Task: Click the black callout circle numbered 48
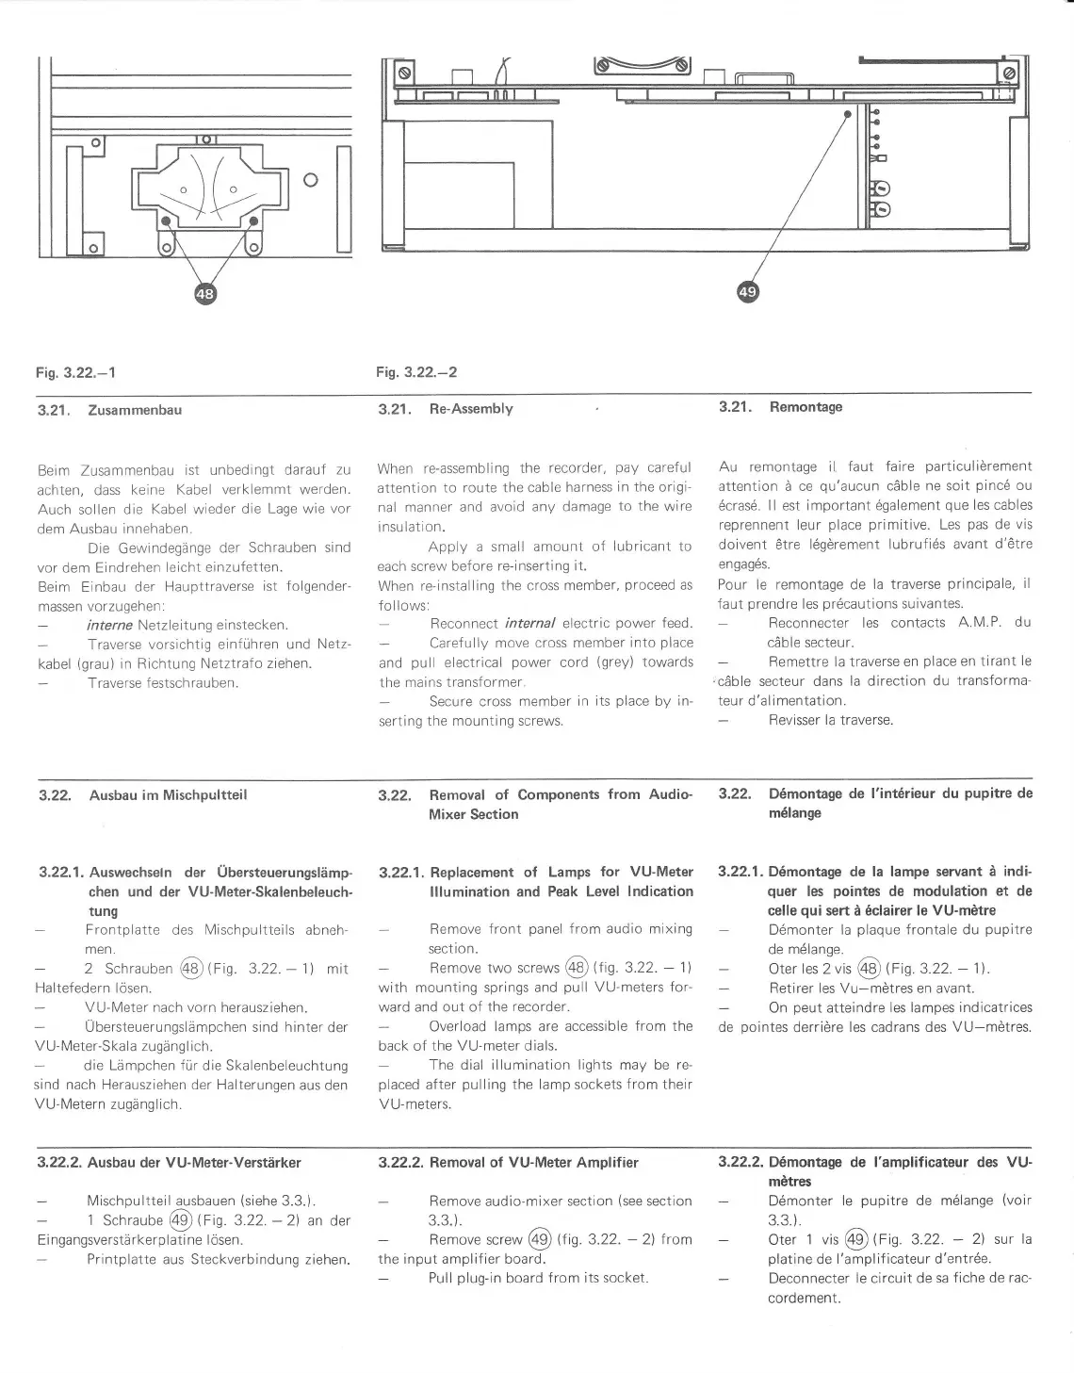coord(204,294)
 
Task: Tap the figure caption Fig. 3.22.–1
coord(76,372)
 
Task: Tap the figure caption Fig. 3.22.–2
coord(416,372)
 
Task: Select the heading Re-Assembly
coord(471,409)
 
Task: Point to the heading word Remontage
coord(805,407)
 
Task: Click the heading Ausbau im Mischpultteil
coord(168,794)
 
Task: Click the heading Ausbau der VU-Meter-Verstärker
coord(194,1162)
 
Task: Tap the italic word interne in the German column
coord(108,625)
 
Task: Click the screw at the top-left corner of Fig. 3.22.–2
coord(404,73)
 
